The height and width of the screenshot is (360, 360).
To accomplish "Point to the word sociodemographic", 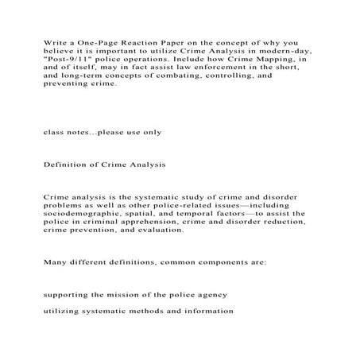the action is pos(86,215).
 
